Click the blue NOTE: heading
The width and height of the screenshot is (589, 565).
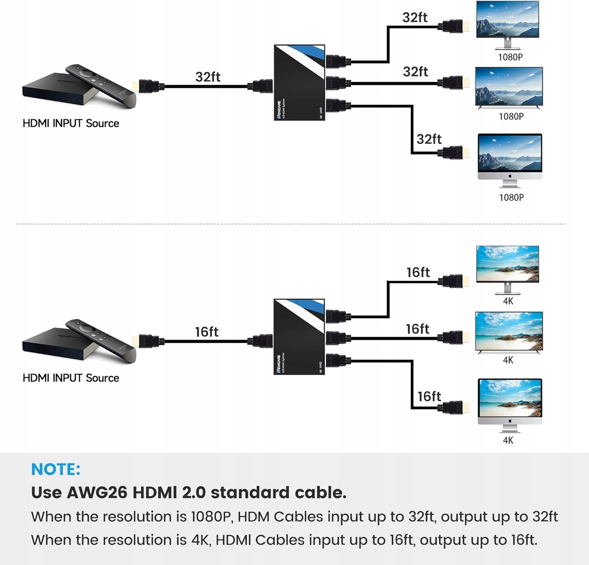(x=56, y=469)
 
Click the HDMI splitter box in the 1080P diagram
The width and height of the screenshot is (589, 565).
(x=299, y=83)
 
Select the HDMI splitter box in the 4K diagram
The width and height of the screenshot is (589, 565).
(x=299, y=337)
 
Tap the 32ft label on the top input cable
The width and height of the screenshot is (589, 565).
(x=208, y=77)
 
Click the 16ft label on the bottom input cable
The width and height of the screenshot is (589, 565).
(x=207, y=332)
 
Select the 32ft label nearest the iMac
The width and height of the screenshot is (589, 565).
(x=429, y=139)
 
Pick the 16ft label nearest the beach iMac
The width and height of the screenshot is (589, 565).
(x=429, y=396)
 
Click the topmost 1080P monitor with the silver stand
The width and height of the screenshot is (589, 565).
(x=507, y=24)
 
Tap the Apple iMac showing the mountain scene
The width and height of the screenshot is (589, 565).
(x=510, y=159)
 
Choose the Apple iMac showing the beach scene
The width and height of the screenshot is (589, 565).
(x=510, y=404)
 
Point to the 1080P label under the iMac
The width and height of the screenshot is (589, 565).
(x=511, y=197)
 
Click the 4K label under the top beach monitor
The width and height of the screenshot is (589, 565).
(x=508, y=301)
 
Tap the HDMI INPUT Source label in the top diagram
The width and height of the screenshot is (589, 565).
(x=71, y=123)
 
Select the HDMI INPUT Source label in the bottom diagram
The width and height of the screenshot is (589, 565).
(x=71, y=378)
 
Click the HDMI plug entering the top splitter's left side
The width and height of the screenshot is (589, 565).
(x=261, y=86)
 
